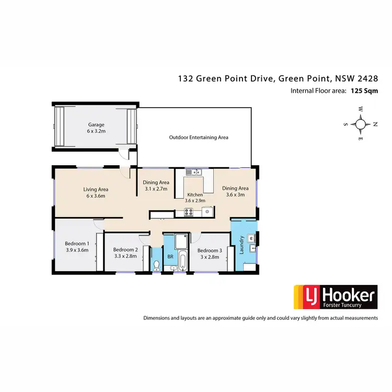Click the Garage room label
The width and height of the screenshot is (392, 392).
tap(96, 125)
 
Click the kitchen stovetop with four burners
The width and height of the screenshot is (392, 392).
tap(188, 212)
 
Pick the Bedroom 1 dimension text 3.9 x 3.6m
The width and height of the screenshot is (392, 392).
tap(77, 250)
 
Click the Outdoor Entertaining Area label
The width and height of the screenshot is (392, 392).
tap(199, 137)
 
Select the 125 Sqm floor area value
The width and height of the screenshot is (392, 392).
tap(364, 90)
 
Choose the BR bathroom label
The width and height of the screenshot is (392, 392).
tap(170, 257)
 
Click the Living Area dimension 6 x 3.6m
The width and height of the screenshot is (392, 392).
tap(95, 197)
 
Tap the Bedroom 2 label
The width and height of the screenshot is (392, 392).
tap(125, 249)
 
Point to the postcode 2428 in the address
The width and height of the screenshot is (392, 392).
tap(365, 79)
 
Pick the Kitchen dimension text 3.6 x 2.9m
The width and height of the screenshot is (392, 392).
tap(195, 201)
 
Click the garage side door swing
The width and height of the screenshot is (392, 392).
tap(123, 153)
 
